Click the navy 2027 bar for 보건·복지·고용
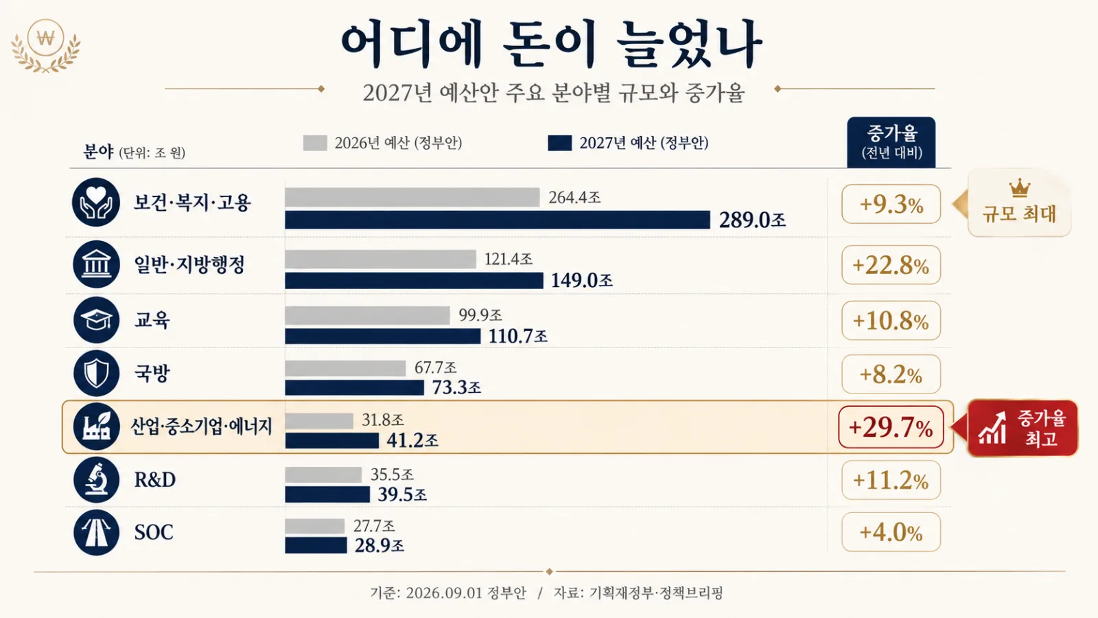tap(497, 220)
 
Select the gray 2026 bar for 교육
tap(367, 315)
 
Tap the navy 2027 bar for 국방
tap(354, 387)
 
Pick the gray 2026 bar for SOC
tap(315, 526)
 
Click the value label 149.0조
tap(581, 281)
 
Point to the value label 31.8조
tap(383, 420)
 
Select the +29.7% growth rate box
tap(891, 426)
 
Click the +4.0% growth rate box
tap(891, 532)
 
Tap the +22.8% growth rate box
tap(891, 265)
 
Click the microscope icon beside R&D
tap(96, 480)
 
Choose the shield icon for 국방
tap(96, 374)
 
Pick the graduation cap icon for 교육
tap(96, 320)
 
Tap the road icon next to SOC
tap(96, 532)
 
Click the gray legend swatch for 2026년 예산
tap(315, 143)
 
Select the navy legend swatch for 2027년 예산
tap(560, 143)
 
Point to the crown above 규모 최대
tap(1020, 188)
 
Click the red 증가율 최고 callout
tap(1023, 428)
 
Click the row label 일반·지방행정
tap(189, 265)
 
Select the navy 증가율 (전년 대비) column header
tap(891, 142)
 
